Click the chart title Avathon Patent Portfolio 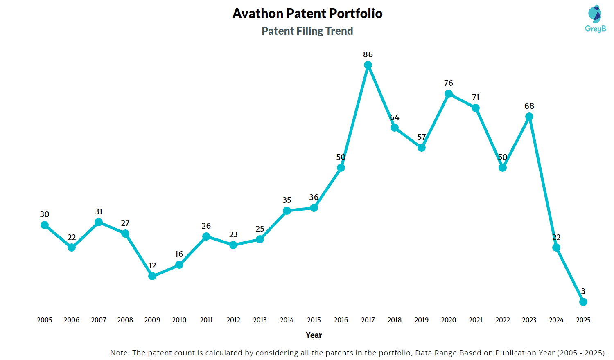point(307,13)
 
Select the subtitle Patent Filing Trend point(307,31)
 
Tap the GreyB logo point(595,19)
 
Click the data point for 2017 point(368,65)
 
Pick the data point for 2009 point(152,276)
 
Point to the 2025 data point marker point(583,302)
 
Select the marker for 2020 point(449,94)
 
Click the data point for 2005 point(45,225)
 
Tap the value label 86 point(368,54)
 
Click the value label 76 point(449,83)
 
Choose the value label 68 point(529,106)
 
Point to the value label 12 point(152,265)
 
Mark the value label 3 point(583,291)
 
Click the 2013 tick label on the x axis point(260,320)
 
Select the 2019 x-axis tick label point(422,320)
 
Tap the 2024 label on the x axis point(556,320)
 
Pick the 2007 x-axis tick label point(99,320)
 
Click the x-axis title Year point(314,335)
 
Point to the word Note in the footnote point(119,353)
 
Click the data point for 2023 point(529,117)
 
